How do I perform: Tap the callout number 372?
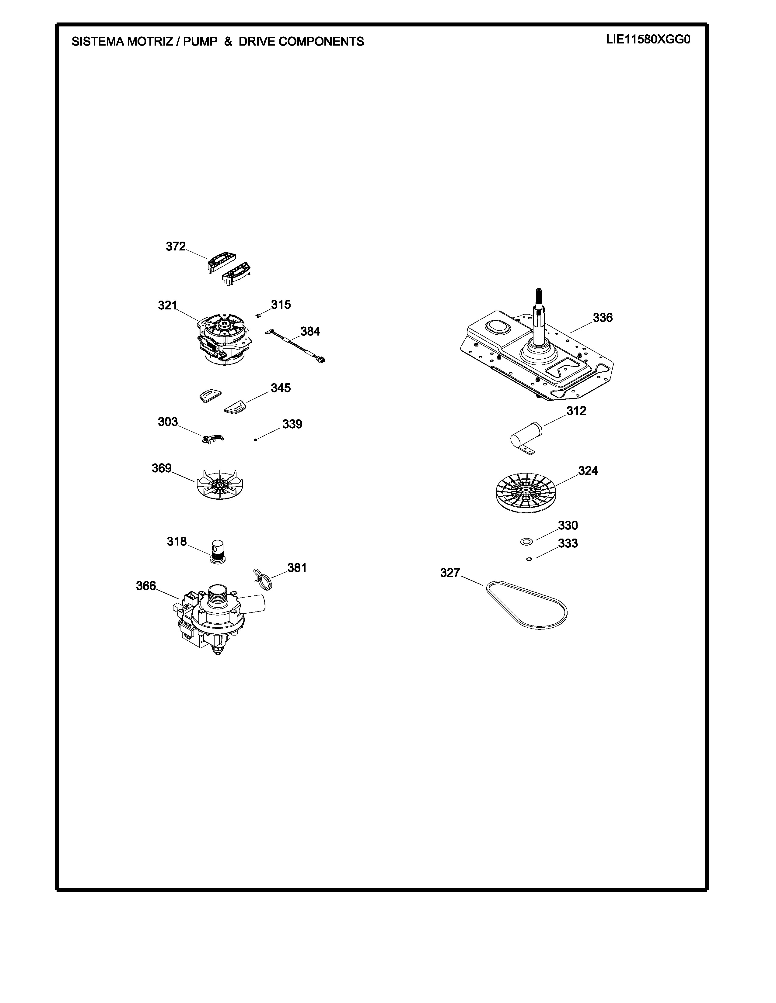pos(176,246)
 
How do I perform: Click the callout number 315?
pos(281,305)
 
